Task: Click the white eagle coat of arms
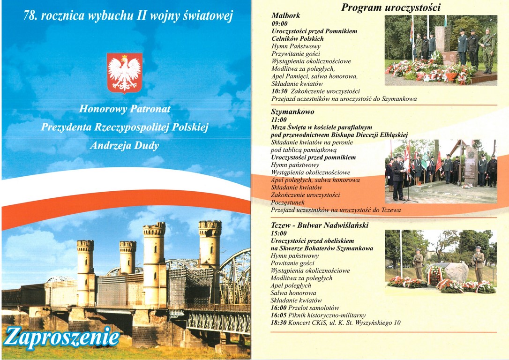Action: pos(124,73)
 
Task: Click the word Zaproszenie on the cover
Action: pos(62,337)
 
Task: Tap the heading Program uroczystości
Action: pos(390,7)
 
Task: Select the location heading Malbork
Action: pos(285,15)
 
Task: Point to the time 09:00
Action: pos(279,23)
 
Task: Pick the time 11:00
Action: pos(279,120)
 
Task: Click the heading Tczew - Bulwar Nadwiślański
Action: pos(320,225)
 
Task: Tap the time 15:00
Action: pos(279,233)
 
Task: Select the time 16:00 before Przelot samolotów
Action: pos(279,307)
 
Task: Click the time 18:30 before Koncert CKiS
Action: pos(279,322)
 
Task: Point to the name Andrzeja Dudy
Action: pos(124,146)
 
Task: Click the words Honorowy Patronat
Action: pos(125,109)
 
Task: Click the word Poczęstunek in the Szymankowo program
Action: pos(288,202)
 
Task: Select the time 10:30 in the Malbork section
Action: pos(279,91)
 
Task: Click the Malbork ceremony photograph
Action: pos(441,50)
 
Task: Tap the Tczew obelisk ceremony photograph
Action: pos(441,262)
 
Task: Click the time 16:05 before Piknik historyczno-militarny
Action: pos(279,315)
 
